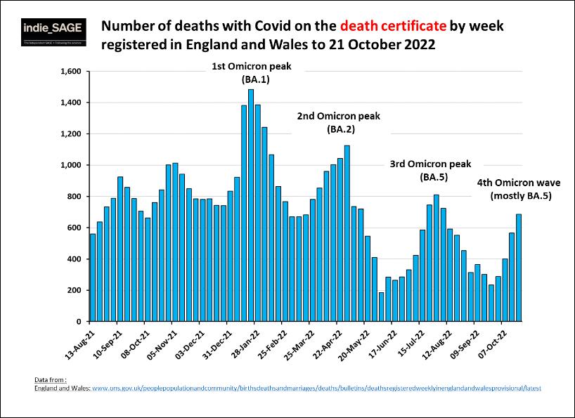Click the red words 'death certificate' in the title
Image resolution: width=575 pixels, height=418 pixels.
coord(392,27)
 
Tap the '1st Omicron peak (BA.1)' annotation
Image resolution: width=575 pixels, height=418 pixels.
coord(251,73)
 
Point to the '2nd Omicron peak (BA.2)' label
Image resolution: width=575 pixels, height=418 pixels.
coord(335,122)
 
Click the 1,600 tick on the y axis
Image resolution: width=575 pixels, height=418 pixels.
coord(72,72)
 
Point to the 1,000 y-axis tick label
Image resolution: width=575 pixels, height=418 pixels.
coord(72,165)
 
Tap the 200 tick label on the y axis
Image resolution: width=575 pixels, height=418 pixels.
coord(75,290)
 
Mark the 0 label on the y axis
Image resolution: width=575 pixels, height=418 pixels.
coord(80,322)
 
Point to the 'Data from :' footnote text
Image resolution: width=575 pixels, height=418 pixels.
coord(51,379)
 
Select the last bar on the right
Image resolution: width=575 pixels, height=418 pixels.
coord(519,268)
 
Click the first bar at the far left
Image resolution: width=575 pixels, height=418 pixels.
coord(92,277)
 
